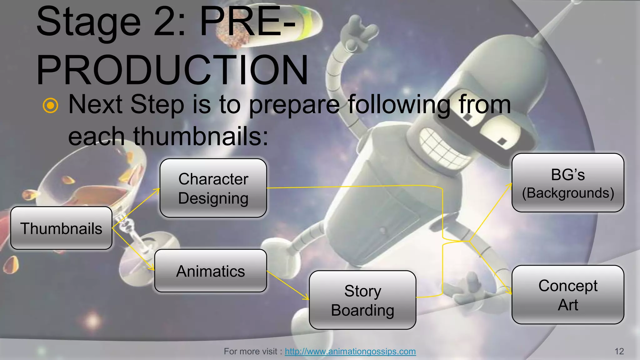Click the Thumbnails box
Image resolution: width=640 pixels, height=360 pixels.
coord(61,228)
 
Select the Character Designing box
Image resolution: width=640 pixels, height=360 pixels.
coord(213,188)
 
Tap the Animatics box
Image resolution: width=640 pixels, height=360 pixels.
coord(210,271)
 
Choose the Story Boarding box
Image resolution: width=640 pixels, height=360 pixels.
coord(362,300)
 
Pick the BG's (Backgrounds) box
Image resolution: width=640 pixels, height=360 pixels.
coord(567,183)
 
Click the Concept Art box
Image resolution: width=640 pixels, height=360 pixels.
coord(567,295)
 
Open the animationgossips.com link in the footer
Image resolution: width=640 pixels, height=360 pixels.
coord(350,351)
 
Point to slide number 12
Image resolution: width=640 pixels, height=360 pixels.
coord(619,351)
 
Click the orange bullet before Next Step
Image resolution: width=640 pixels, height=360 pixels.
coord(51,105)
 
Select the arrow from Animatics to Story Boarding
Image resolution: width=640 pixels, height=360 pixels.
coord(287,285)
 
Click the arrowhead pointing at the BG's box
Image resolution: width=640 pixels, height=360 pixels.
coord(509,186)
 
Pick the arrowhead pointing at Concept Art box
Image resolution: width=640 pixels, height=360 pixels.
coord(509,292)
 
